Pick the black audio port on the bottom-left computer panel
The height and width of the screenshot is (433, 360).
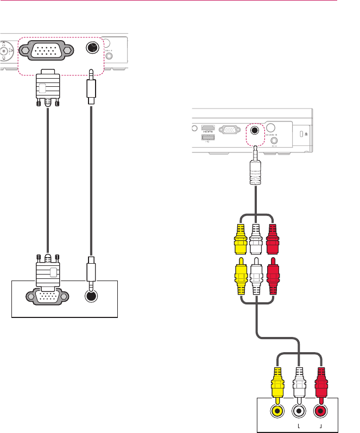coord(91,297)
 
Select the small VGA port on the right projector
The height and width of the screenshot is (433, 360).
coord(230,131)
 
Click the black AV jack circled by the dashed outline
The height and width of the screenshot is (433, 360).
coord(254,131)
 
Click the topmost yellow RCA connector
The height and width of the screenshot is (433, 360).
coord(241,238)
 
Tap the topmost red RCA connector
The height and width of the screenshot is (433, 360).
coord(272,238)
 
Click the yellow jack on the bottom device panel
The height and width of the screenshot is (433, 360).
coord(277,411)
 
